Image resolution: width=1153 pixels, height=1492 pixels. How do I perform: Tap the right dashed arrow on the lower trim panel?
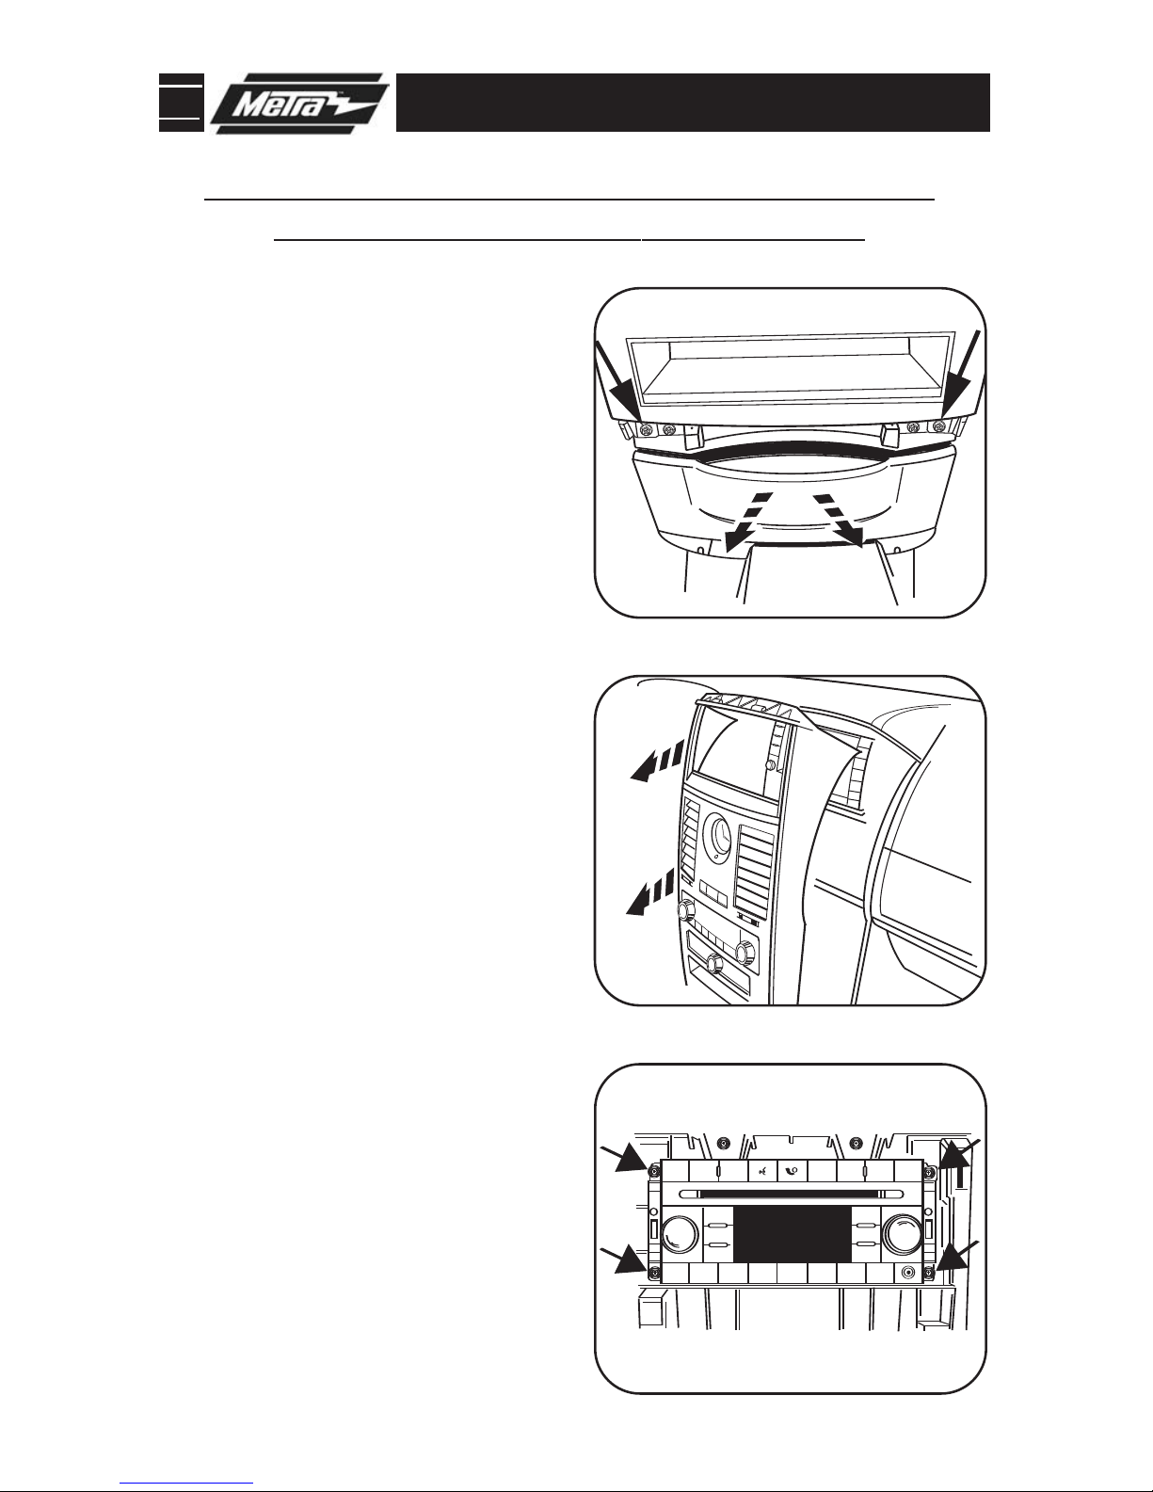click(x=839, y=520)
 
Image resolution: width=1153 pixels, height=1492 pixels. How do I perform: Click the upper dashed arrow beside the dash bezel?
click(x=658, y=760)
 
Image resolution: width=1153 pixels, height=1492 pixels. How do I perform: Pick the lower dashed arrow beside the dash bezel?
click(x=652, y=891)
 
